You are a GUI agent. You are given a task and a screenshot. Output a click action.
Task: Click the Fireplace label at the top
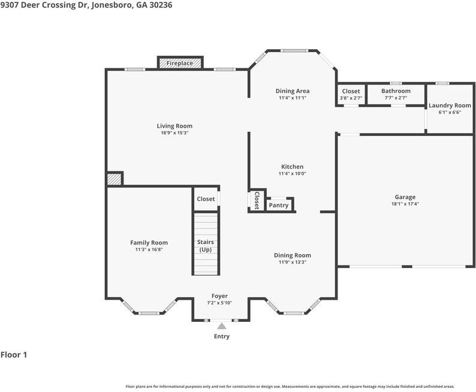pyautogui.click(x=179, y=63)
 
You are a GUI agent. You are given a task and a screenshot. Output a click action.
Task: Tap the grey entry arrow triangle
pyautogui.click(x=222, y=326)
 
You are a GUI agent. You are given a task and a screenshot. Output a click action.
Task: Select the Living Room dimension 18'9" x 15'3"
pyautogui.click(x=174, y=133)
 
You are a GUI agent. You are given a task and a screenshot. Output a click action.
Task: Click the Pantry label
pyautogui.click(x=278, y=206)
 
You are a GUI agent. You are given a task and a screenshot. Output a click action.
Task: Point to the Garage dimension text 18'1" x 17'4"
pyautogui.click(x=405, y=204)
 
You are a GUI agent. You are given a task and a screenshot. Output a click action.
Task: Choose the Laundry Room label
pyautogui.click(x=450, y=105)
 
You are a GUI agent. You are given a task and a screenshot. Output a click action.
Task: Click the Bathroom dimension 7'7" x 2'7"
pyautogui.click(x=396, y=98)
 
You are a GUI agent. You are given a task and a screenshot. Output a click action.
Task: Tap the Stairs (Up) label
pyautogui.click(x=206, y=246)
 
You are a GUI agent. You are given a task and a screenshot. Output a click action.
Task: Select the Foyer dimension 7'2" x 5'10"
pyautogui.click(x=219, y=303)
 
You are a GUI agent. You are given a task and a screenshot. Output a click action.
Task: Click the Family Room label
pyautogui.click(x=149, y=243)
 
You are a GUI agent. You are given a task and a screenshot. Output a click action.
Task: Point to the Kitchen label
pyautogui.click(x=292, y=167)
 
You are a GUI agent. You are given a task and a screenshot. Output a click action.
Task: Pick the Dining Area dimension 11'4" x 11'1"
pyautogui.click(x=293, y=98)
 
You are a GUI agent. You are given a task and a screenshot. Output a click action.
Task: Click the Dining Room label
pyautogui.click(x=293, y=255)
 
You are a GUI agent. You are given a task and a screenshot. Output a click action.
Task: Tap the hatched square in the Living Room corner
pyautogui.click(x=114, y=179)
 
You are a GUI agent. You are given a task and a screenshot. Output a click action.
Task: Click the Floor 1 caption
pyautogui.click(x=14, y=355)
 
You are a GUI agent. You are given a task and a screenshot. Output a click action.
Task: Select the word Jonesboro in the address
pyautogui.click(x=112, y=5)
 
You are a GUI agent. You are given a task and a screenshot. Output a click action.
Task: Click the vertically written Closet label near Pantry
pyautogui.click(x=257, y=201)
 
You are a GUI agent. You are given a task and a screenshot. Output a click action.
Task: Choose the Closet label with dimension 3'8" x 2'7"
pyautogui.click(x=351, y=91)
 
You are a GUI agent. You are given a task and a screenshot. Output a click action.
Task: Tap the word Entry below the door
pyautogui.click(x=222, y=336)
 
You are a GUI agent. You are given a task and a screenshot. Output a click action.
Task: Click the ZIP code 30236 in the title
pyautogui.click(x=161, y=5)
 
